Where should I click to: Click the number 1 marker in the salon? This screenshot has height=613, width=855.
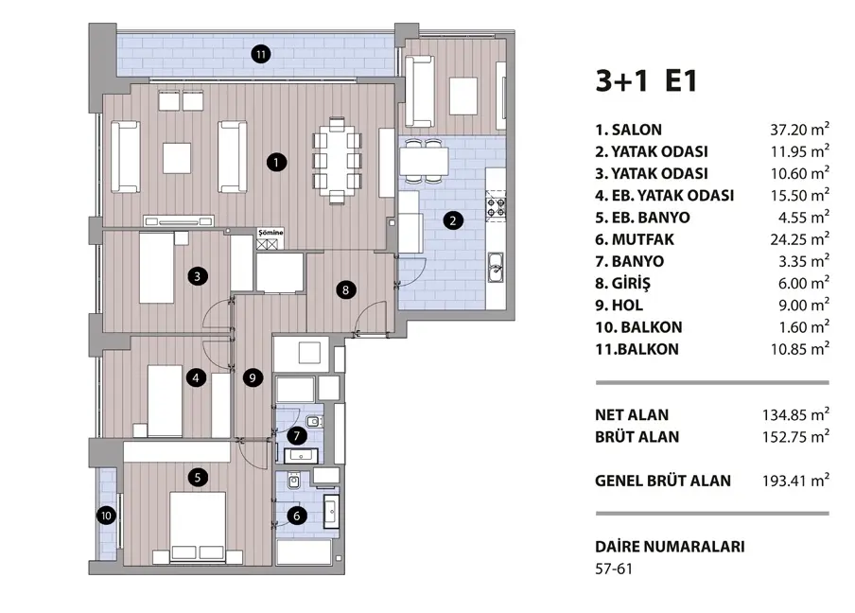(x=276, y=162)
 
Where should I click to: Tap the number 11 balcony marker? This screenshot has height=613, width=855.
(x=261, y=54)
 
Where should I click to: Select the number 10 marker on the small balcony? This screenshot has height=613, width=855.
(x=106, y=516)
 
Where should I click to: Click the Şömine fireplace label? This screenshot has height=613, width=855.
(x=270, y=233)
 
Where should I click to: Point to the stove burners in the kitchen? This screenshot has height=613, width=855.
(x=496, y=206)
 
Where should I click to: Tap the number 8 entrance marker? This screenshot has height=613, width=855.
(x=345, y=289)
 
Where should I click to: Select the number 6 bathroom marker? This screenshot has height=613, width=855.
(x=297, y=516)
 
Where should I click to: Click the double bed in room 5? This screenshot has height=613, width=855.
(x=198, y=527)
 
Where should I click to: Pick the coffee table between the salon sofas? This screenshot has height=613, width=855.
(x=177, y=158)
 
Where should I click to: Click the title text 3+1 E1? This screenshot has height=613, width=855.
(x=647, y=81)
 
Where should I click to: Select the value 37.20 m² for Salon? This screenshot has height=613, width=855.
(x=799, y=130)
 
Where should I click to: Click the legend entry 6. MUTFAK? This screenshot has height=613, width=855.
(x=635, y=239)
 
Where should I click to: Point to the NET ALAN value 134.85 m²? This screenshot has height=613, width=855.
(x=795, y=414)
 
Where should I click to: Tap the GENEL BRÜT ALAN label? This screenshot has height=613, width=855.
(x=663, y=481)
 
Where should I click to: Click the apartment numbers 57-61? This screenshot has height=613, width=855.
(x=614, y=569)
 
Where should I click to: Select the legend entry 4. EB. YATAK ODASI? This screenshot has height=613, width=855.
(x=665, y=195)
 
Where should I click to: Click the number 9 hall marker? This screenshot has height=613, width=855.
(x=253, y=377)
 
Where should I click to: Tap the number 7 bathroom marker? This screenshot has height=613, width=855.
(x=297, y=436)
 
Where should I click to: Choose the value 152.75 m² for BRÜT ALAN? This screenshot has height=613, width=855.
(x=795, y=437)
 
